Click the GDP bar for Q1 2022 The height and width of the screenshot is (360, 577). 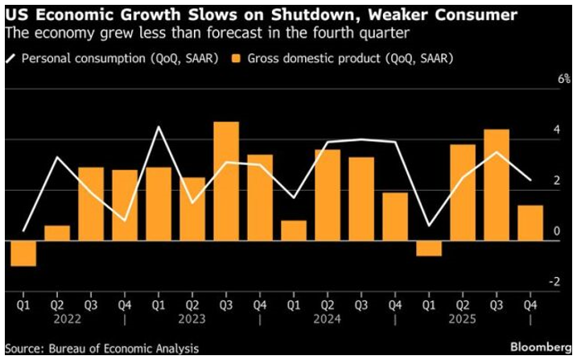tap(23, 253)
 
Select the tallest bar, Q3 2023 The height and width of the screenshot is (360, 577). tap(225, 181)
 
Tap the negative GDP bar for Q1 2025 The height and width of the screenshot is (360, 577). tap(429, 248)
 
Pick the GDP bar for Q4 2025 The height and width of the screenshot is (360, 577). tap(530, 223)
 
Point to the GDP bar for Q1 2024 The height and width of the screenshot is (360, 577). tap(294, 230)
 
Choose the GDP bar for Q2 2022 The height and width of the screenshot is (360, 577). tap(56, 233)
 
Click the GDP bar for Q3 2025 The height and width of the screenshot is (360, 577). tap(497, 184)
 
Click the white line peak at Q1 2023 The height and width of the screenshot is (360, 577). tap(159, 127)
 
